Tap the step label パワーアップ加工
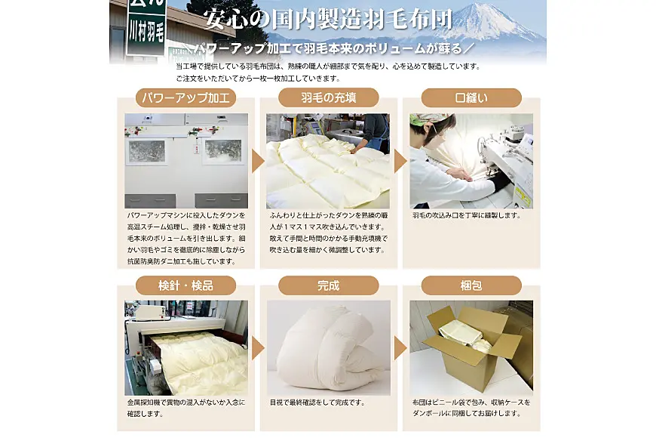click(x=185, y=98)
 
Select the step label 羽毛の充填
click(x=328, y=98)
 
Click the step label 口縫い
click(x=471, y=98)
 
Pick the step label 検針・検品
click(x=185, y=286)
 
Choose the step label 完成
click(x=328, y=286)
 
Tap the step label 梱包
click(x=471, y=286)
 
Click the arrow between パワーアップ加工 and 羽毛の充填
click(x=257, y=161)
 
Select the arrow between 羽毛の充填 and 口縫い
click(x=400, y=161)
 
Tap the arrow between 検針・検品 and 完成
click(x=257, y=348)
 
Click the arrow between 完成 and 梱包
click(x=400, y=348)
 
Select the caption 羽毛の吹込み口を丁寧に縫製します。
click(x=467, y=215)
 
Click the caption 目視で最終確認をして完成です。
click(x=317, y=403)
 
